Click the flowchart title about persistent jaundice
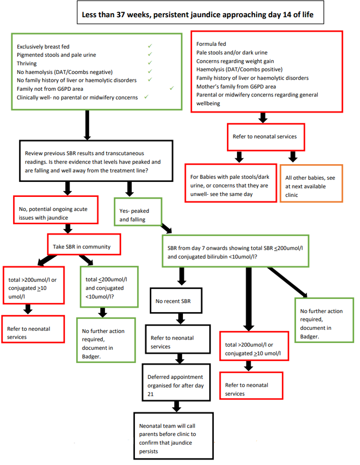(x=197, y=15)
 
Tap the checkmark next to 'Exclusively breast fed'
(x=150, y=46)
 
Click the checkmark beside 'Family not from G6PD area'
(x=171, y=89)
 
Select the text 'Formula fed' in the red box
(x=211, y=44)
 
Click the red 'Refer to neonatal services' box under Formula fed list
(x=265, y=137)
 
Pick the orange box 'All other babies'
(x=311, y=183)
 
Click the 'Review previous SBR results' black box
(x=96, y=161)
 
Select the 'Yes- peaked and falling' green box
(x=138, y=211)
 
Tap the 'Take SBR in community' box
(x=85, y=244)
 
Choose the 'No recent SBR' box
(x=176, y=301)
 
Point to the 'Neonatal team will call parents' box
(x=173, y=435)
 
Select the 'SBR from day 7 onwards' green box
(x=235, y=252)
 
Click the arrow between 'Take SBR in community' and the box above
(x=68, y=228)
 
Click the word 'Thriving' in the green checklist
(x=27, y=63)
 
